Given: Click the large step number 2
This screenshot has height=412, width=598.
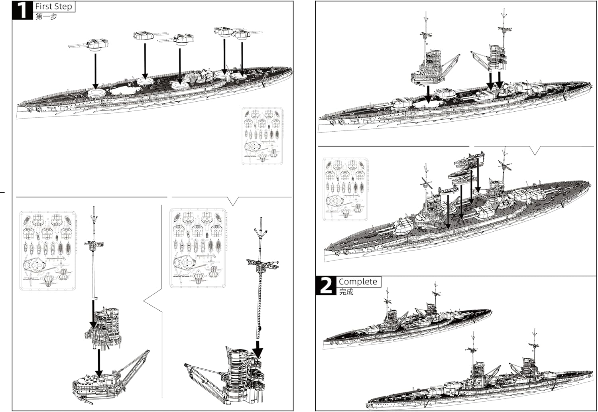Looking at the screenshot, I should [x=326, y=286].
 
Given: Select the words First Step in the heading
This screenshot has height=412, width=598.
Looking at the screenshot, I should [x=53, y=7].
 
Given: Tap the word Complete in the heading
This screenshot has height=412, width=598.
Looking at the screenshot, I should [x=358, y=282].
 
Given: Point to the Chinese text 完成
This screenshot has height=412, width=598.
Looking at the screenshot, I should [x=346, y=292].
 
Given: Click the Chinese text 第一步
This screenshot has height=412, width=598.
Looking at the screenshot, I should [x=46, y=17].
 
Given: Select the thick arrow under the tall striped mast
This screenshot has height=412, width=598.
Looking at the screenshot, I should [x=258, y=349].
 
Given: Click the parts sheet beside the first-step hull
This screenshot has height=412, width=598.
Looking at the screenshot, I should [x=262, y=136].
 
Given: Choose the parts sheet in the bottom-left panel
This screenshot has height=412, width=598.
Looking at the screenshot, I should [x=48, y=251].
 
